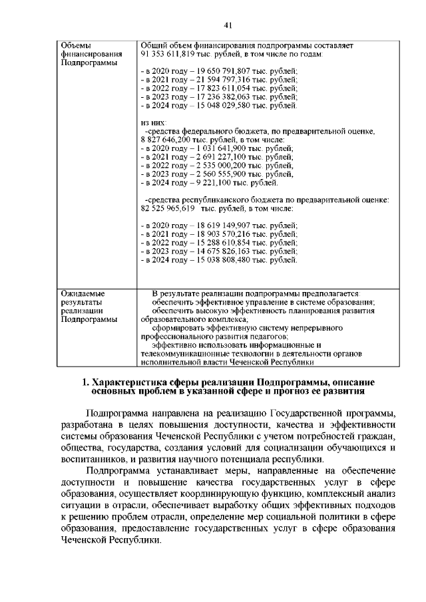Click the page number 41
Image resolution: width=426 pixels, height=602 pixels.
[227, 25]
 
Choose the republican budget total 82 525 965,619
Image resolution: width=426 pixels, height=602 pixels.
[168, 209]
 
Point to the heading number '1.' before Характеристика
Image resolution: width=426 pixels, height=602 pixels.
[104, 383]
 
